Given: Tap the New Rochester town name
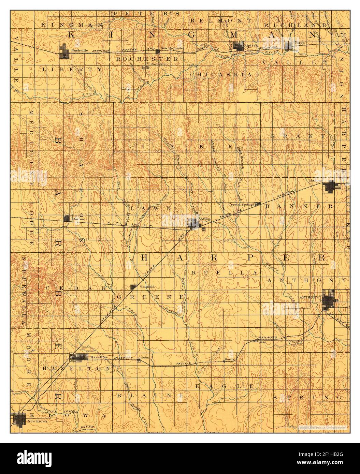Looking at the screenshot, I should (x=172, y=48).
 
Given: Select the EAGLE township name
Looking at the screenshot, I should (x=224, y=386).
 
